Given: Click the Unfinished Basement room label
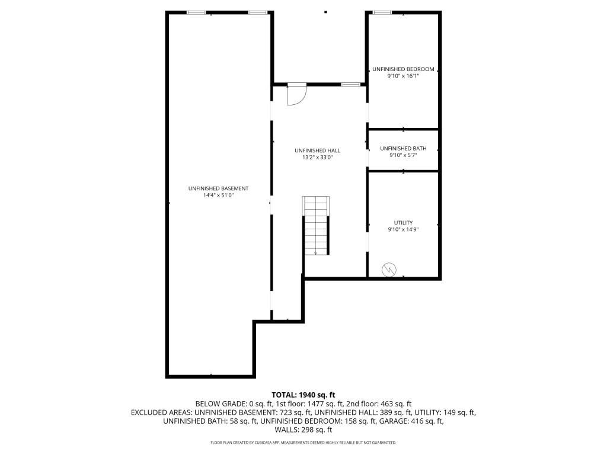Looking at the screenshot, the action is (218, 188).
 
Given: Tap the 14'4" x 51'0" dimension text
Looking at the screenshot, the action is (219, 196).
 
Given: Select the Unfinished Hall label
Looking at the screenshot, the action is (318, 150).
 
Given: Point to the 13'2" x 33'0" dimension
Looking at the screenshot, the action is (318, 158).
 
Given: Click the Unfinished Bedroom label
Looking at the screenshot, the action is (403, 69).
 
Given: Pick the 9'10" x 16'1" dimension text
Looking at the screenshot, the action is (403, 76).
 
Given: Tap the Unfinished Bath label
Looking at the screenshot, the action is (403, 149).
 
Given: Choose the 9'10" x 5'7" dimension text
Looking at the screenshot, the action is (403, 156).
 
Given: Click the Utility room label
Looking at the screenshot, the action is (403, 223).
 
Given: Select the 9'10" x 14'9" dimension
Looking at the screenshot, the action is (403, 229).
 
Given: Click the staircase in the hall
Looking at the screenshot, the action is (317, 226).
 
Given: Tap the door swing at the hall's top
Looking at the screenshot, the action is (297, 95).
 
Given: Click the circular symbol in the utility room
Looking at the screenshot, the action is (389, 270).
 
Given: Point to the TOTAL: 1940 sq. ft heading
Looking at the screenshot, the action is (303, 395).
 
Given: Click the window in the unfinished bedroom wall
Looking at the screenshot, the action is (382, 13).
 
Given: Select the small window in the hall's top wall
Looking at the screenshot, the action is (350, 84).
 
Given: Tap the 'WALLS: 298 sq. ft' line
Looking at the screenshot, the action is (303, 430).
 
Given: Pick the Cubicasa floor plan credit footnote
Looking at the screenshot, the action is (303, 443).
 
